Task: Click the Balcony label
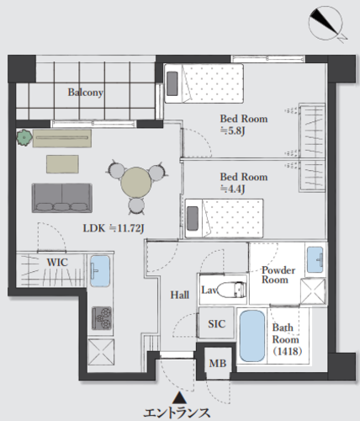click(86, 93)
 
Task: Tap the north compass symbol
click(326, 24)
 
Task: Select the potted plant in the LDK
click(24, 137)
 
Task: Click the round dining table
click(136, 183)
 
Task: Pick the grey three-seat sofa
click(62, 198)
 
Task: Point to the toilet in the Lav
click(231, 289)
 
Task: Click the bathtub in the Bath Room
click(252, 336)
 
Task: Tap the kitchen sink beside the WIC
click(100, 271)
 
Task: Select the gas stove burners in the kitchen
click(102, 318)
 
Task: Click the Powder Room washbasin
click(315, 259)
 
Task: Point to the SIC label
click(216, 324)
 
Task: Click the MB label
click(218, 364)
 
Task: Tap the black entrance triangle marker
click(179, 397)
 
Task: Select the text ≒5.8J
click(233, 131)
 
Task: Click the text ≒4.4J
click(233, 189)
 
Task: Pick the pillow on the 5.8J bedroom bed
click(172, 83)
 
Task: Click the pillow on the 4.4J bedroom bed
click(193, 219)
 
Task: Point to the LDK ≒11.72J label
click(114, 228)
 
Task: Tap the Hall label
click(180, 295)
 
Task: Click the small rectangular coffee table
click(62, 164)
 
